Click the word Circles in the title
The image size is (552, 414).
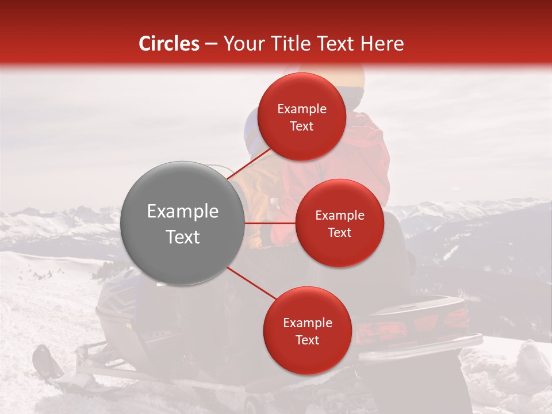click(x=168, y=44)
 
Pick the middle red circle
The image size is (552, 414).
click(x=340, y=223)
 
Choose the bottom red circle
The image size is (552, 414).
click(x=307, y=331)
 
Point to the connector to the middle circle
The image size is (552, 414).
click(x=270, y=223)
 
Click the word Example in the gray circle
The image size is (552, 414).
click(x=183, y=212)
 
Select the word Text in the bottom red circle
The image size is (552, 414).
click(x=307, y=340)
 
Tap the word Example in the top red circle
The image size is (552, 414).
click(x=302, y=109)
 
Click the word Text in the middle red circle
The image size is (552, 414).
click(x=340, y=232)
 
